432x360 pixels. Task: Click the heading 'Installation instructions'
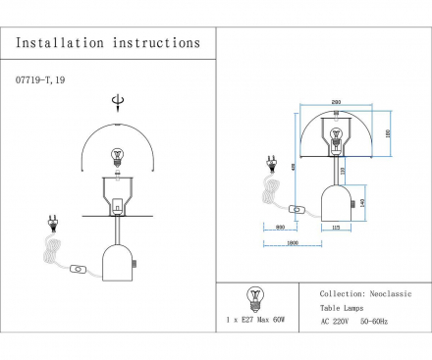coord(109,43)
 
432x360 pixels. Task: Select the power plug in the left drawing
coord(51,227)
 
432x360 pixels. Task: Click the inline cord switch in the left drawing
coord(81,268)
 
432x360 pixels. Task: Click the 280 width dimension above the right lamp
coord(337,101)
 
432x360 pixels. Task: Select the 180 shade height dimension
coord(387,133)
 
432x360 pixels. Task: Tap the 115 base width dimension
coord(336,229)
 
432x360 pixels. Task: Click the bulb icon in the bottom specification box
coord(258,295)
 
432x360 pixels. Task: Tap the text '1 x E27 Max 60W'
coord(258,321)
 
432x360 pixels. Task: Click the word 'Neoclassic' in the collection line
coord(390,293)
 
